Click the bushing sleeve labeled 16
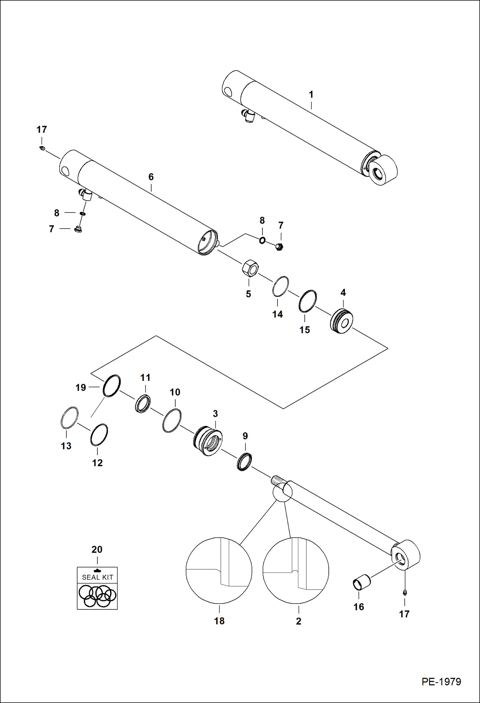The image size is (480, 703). tap(361, 583)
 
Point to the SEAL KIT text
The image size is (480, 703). tap(97, 577)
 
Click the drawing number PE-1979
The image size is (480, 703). tap(441, 682)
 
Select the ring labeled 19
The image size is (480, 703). tap(112, 386)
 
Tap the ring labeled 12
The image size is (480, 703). tap(99, 435)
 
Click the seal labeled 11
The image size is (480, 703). tap(143, 404)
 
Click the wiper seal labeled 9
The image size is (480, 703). tap(244, 462)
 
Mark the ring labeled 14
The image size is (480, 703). tap(280, 286)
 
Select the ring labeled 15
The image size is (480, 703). tap(308, 301)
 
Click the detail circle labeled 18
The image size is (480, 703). tap(219, 571)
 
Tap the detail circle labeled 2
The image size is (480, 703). tap(296, 571)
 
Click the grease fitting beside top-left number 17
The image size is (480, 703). tap(42, 148)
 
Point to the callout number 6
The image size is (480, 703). tap(151, 177)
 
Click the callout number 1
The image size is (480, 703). tap(311, 95)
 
